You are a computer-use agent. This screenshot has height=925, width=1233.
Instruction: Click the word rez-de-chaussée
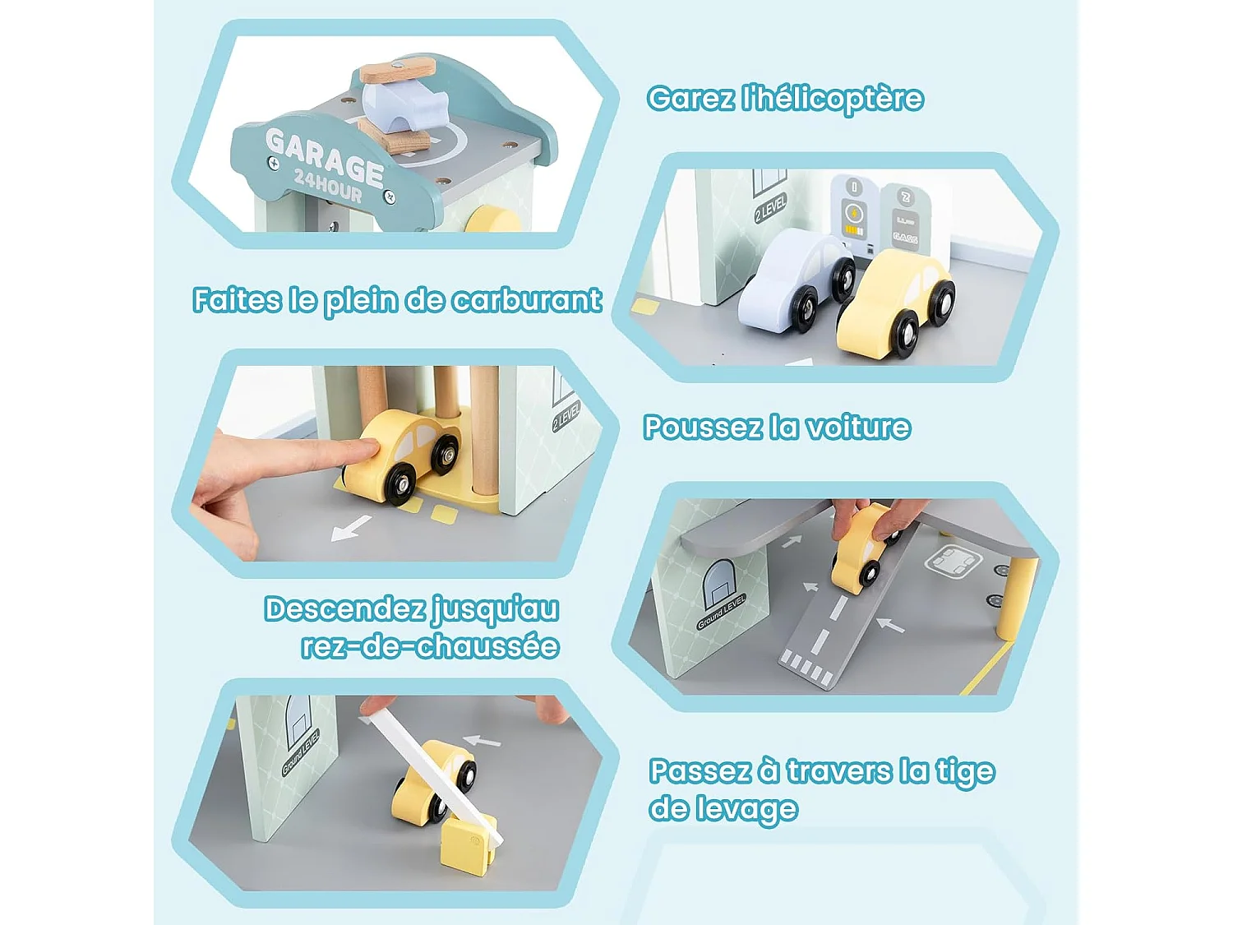pyautogui.click(x=430, y=647)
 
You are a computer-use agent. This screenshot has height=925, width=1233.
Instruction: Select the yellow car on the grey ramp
pyautogui.click(x=860, y=549)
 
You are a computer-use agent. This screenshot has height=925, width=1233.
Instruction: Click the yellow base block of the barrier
pyautogui.click(x=468, y=844)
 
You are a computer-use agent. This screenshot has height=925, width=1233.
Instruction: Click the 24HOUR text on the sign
pyautogui.click(x=328, y=185)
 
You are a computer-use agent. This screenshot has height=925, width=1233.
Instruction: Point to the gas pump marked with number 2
pyautogui.click(x=905, y=219)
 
